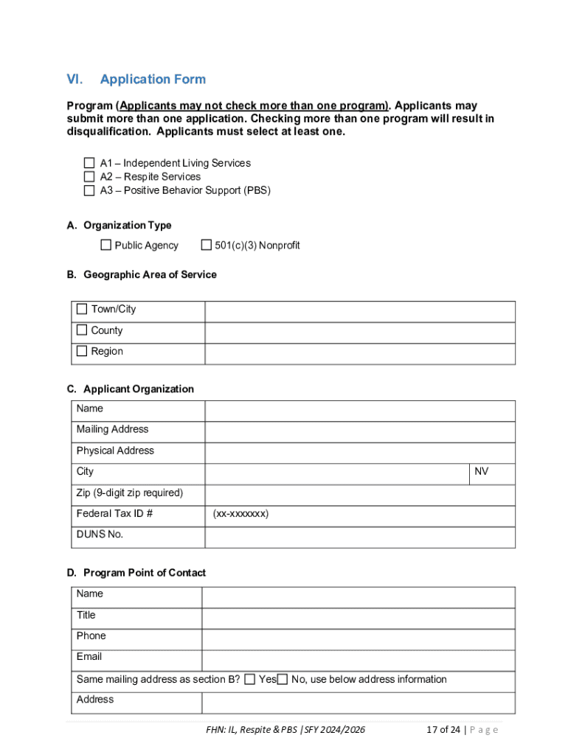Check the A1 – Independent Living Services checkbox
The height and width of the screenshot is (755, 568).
[x=89, y=163]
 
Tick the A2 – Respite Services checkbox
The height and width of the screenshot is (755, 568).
[x=89, y=177]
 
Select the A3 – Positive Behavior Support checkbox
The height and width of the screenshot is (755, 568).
[x=89, y=190]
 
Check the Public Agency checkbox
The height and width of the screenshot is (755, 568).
[x=106, y=245]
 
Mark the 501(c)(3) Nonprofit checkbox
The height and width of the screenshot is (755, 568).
[x=207, y=245]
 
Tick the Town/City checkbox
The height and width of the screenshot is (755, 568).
[x=82, y=309]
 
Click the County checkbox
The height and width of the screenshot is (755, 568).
[x=82, y=330]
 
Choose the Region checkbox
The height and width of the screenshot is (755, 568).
[x=82, y=351]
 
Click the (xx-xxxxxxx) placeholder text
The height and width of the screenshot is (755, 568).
[x=240, y=514]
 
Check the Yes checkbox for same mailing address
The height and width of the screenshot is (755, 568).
[x=250, y=679]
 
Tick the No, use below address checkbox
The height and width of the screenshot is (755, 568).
[x=283, y=679]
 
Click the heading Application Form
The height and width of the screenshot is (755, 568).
[x=153, y=80]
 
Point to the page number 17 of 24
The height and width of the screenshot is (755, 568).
[x=443, y=730]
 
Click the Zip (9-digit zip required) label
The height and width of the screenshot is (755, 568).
[x=129, y=493]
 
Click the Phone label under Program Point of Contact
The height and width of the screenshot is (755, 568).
[x=91, y=636]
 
